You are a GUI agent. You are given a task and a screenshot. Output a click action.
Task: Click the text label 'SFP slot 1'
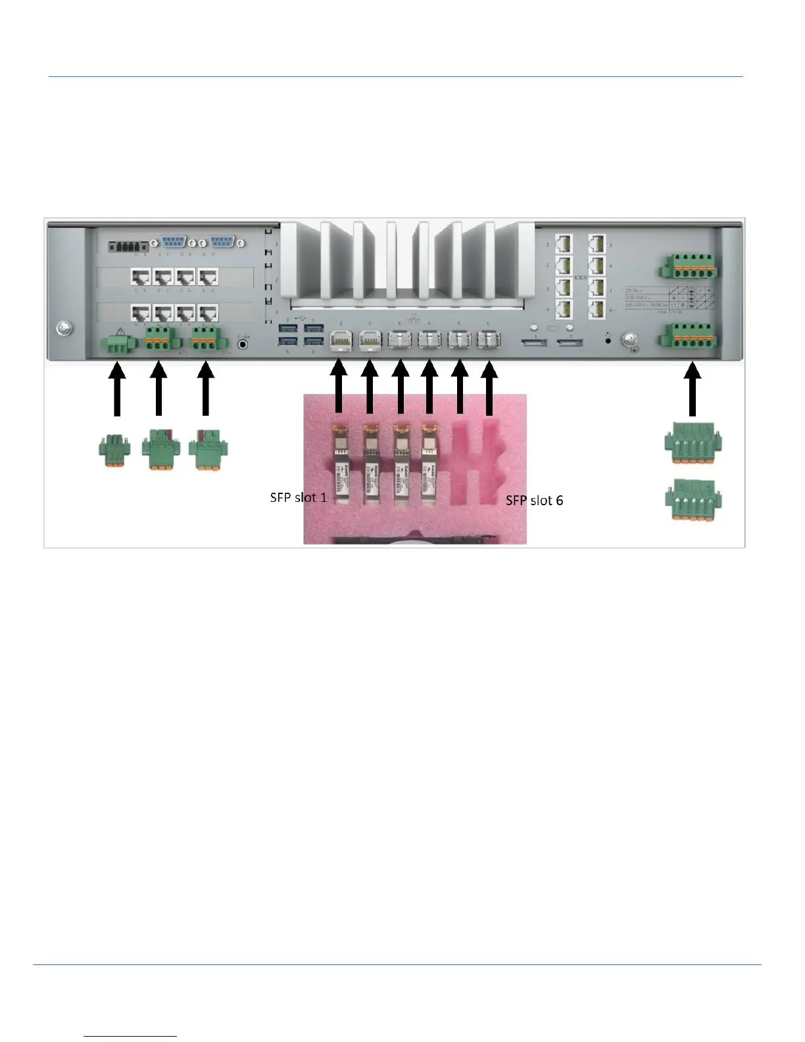tap(298, 497)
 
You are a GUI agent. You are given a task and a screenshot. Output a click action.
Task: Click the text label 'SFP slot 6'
tap(534, 501)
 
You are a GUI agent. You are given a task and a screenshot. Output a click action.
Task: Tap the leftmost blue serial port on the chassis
tap(173, 242)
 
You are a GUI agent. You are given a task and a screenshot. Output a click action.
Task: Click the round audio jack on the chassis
tap(243, 343)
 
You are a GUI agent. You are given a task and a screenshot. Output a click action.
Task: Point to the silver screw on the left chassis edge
tap(64, 328)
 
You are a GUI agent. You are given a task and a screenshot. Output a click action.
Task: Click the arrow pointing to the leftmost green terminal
tap(116, 391)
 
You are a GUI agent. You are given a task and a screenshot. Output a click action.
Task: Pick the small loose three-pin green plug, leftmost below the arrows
tap(114, 451)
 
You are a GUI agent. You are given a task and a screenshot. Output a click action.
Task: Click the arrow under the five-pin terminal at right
tap(693, 391)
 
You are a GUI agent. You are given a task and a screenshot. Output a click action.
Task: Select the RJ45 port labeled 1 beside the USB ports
tap(341, 341)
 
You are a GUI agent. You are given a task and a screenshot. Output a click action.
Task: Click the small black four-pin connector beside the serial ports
tap(128, 246)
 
